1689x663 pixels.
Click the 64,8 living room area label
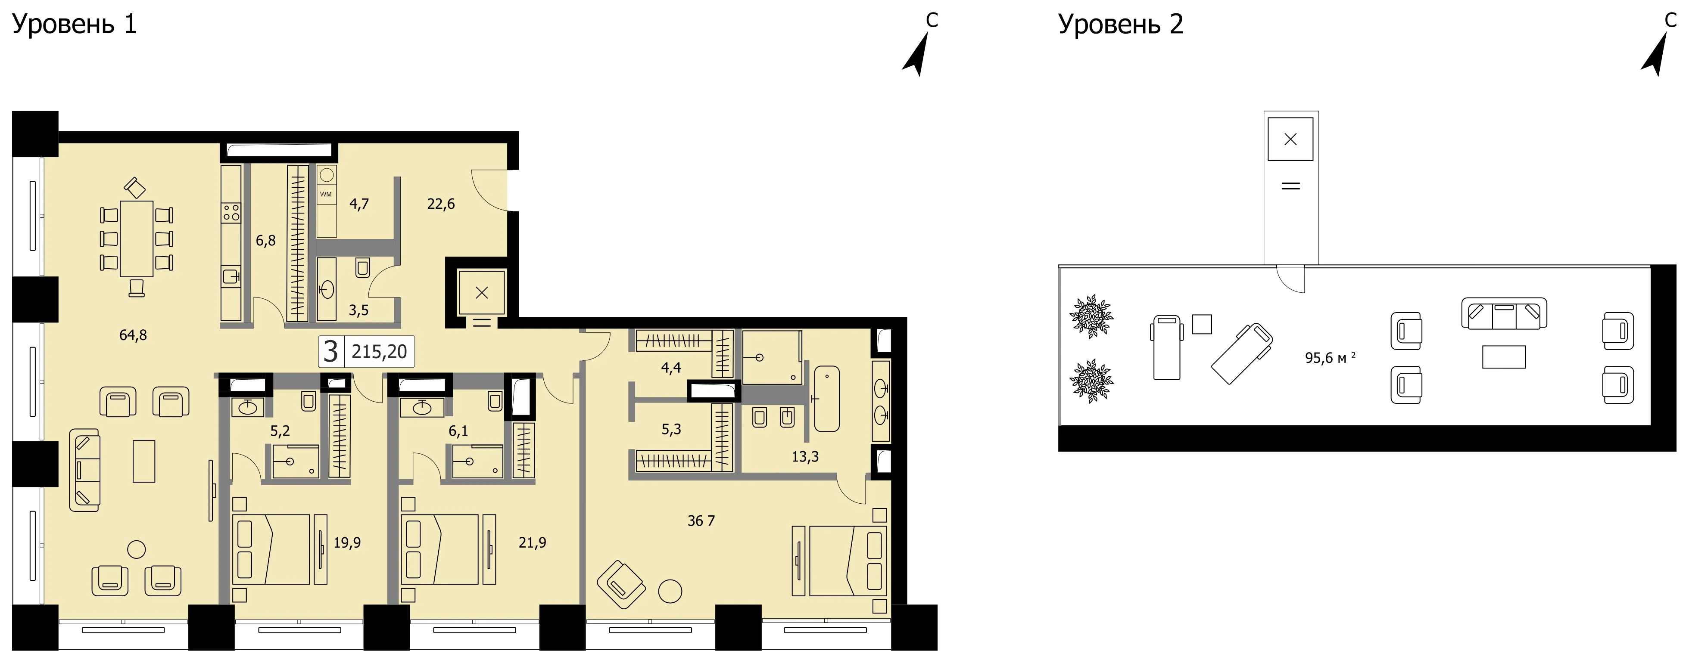(133, 335)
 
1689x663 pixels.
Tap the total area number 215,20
(379, 352)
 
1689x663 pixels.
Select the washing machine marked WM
(327, 194)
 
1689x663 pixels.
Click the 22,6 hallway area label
(441, 204)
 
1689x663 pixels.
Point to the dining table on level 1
(137, 239)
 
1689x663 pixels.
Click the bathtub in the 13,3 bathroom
(827, 398)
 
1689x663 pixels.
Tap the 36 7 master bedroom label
(701, 521)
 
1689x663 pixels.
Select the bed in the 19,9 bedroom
(271, 549)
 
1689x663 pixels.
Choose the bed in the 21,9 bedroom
(440, 549)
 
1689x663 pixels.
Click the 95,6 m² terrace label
(1330, 358)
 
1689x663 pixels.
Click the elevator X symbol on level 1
(481, 293)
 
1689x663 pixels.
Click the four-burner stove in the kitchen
(231, 212)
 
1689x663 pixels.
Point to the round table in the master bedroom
(670, 592)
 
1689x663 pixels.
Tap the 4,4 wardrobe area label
(671, 368)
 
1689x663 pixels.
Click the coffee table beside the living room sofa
(144, 461)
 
